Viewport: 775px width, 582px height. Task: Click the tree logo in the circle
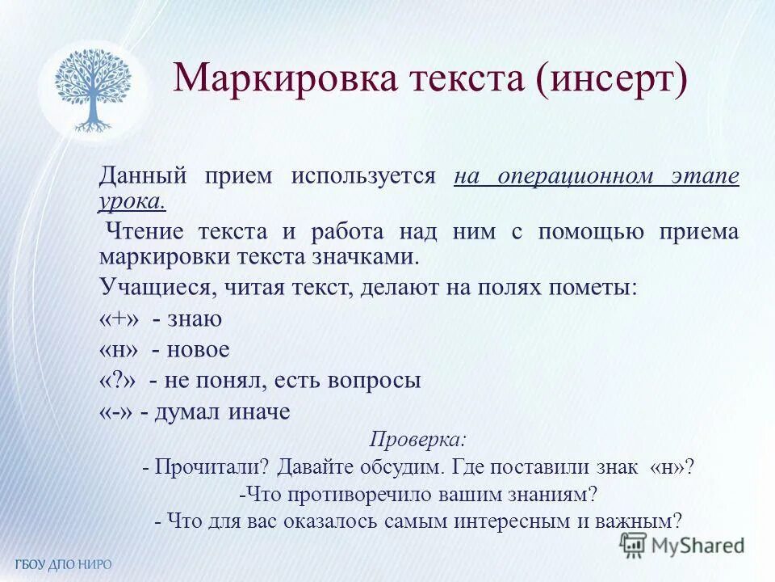pyautogui.click(x=93, y=90)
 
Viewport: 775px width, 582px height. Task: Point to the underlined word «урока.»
pyautogui.click(x=132, y=201)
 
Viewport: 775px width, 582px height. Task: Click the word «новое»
pyautogui.click(x=199, y=350)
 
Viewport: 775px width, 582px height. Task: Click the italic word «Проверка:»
pyautogui.click(x=417, y=440)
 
